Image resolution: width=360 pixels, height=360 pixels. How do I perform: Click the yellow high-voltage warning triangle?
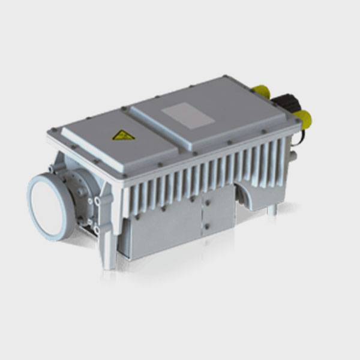(124, 135)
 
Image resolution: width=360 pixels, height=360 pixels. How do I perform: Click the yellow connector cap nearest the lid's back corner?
(261, 92)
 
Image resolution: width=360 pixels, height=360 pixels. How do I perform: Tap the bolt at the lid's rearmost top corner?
(224, 76)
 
